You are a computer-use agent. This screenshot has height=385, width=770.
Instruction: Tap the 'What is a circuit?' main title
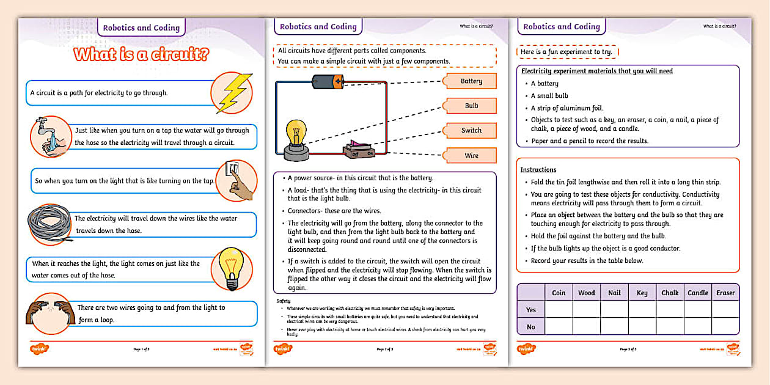pyautogui.click(x=142, y=55)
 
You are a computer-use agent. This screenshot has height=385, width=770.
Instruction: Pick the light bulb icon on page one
pyautogui.click(x=232, y=269)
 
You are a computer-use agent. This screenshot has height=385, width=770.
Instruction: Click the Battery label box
pyautogui.click(x=471, y=81)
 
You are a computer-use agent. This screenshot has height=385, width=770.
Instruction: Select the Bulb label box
pyautogui.click(x=471, y=106)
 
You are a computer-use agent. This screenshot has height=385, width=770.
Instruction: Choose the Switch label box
pyautogui.click(x=471, y=130)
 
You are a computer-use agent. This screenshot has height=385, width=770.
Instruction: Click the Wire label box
pyautogui.click(x=471, y=155)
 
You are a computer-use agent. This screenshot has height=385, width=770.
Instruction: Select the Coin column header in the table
pyautogui.click(x=559, y=293)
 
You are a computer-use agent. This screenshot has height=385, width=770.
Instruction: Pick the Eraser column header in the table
pyautogui.click(x=725, y=293)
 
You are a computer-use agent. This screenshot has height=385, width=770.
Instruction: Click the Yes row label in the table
pyautogui.click(x=531, y=310)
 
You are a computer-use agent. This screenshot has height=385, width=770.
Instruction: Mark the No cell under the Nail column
pyautogui.click(x=614, y=326)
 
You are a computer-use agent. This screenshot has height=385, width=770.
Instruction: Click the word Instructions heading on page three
pyautogui.click(x=538, y=169)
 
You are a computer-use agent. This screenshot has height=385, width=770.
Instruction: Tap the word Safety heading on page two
pyautogui.click(x=284, y=301)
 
